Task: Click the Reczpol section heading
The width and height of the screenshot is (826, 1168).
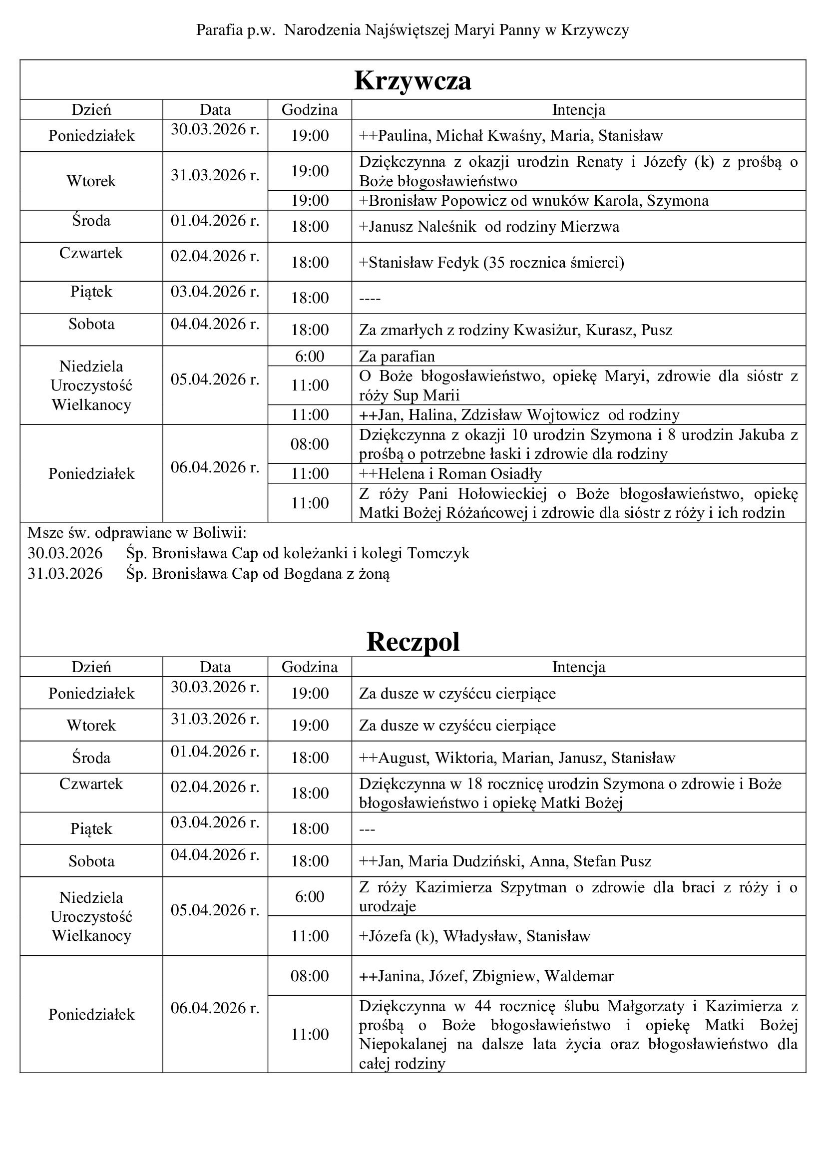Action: click(x=413, y=642)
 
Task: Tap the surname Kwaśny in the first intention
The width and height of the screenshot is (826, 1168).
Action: click(x=514, y=136)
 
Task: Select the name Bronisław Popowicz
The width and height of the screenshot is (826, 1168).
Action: click(x=438, y=201)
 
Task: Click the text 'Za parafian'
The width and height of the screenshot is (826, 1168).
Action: click(x=397, y=356)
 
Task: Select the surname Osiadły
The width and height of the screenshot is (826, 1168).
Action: click(x=515, y=474)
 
